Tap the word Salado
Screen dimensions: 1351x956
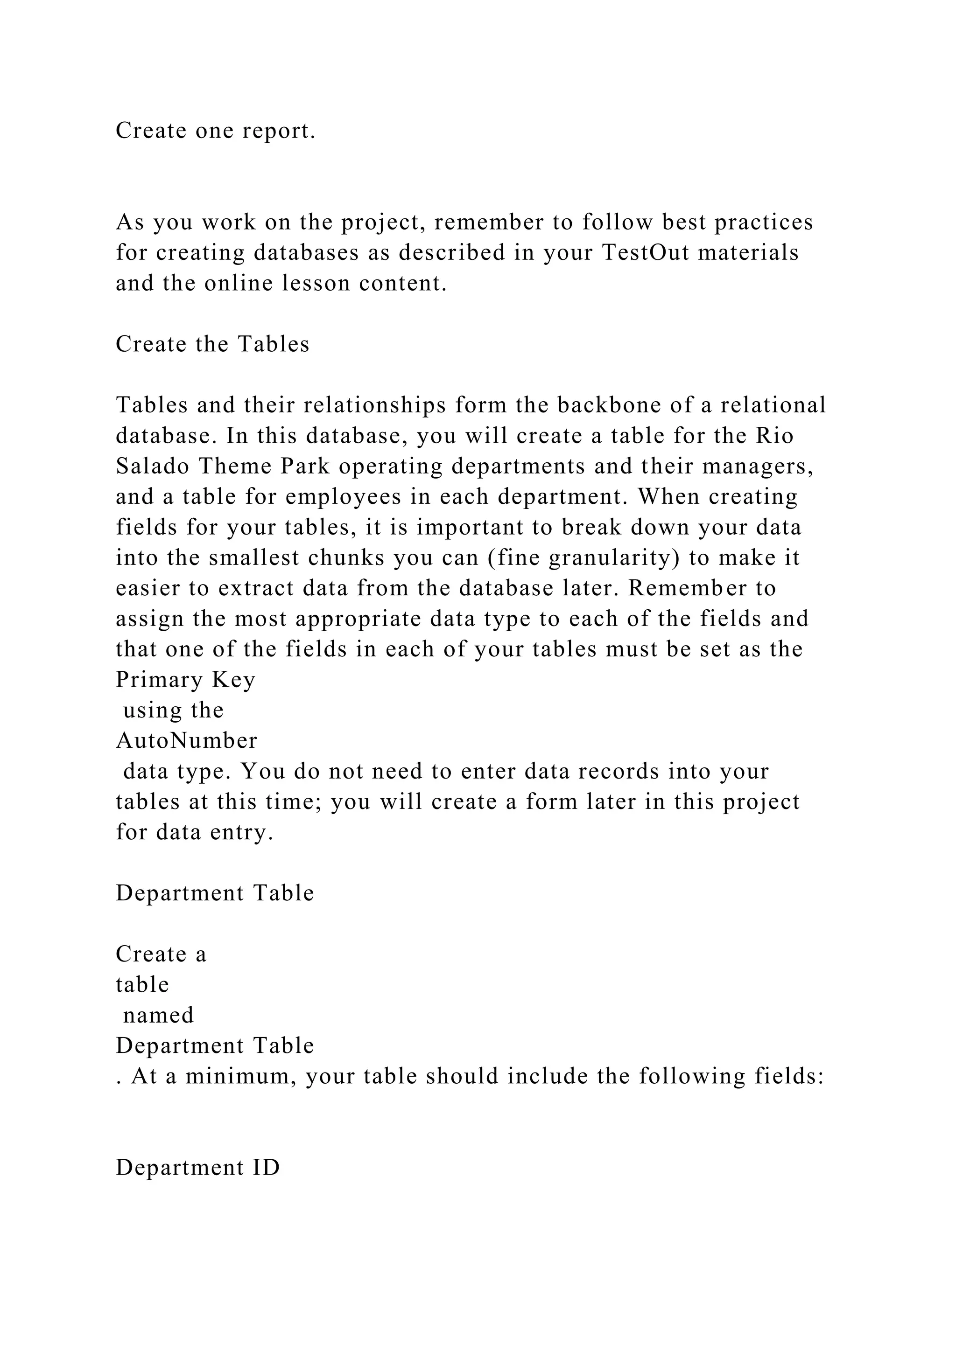[153, 466]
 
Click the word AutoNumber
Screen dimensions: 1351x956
[187, 740]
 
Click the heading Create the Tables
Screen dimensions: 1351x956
[212, 344]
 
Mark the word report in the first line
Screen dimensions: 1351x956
[279, 131]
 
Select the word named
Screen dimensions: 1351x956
[158, 1015]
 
